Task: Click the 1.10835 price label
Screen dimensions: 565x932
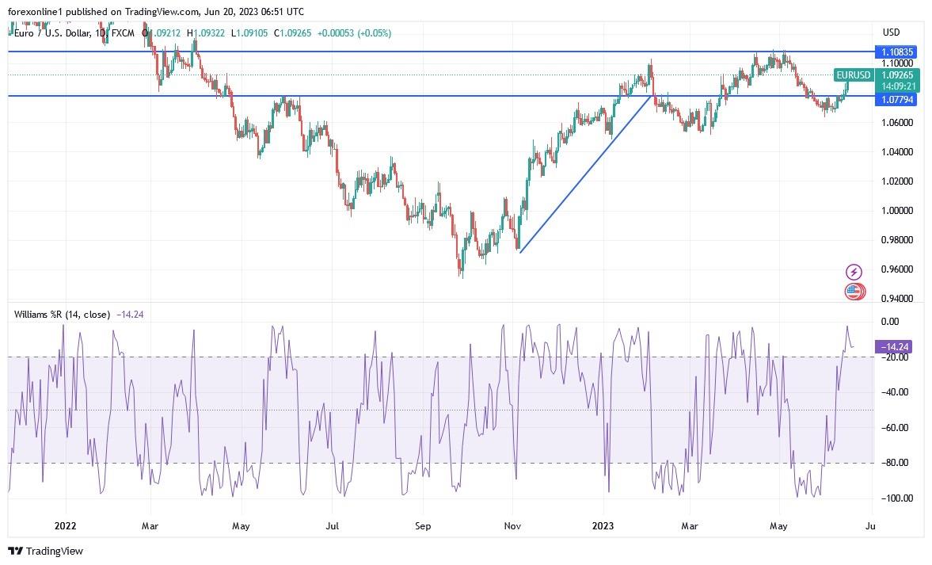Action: pos(898,52)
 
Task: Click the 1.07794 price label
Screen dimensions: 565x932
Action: pos(898,100)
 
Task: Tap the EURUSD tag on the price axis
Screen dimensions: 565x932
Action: pos(854,75)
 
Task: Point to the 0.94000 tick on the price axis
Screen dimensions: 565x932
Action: pos(897,299)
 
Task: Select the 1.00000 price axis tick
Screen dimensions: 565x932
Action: pos(897,211)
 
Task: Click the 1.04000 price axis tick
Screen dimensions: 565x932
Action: pos(897,152)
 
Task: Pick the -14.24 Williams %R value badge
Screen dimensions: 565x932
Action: pos(898,346)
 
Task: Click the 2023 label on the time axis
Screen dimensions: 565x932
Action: pos(603,525)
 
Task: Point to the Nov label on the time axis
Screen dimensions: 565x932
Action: pos(512,525)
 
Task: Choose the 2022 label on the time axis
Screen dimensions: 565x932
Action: pos(65,525)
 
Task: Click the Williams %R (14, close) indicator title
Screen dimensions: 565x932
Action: pos(62,315)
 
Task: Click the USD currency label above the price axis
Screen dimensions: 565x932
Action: pos(891,32)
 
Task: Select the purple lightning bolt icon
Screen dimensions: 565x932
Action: pos(854,272)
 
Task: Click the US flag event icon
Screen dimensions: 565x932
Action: pos(853,292)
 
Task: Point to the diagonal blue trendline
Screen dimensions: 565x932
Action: pos(586,174)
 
